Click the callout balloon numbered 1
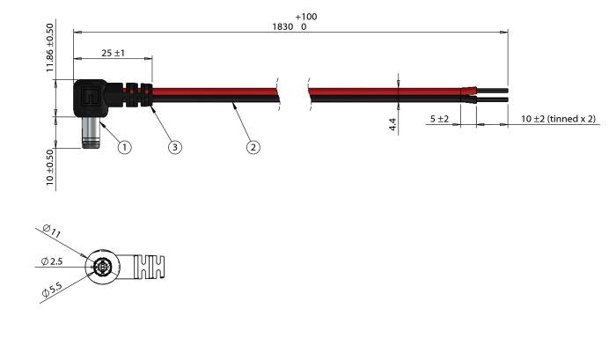point(124,147)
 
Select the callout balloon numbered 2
point(253,147)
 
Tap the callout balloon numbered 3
point(175,147)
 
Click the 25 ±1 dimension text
point(113,53)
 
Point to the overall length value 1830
point(283,27)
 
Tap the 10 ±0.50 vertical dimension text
point(49,165)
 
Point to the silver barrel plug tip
point(92,136)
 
